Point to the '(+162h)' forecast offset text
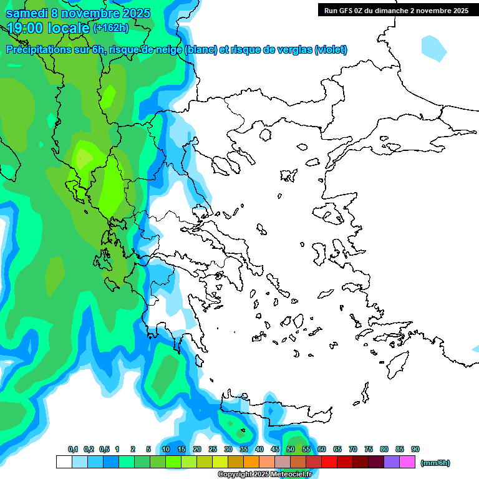(110, 27)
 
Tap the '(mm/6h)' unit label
(435, 463)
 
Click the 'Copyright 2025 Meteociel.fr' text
(264, 475)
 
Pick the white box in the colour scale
(64, 462)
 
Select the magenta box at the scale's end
(407, 462)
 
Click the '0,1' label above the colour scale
(73, 450)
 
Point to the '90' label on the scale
(415, 450)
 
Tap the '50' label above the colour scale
(291, 450)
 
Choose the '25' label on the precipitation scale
(213, 450)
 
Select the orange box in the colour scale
(251, 462)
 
